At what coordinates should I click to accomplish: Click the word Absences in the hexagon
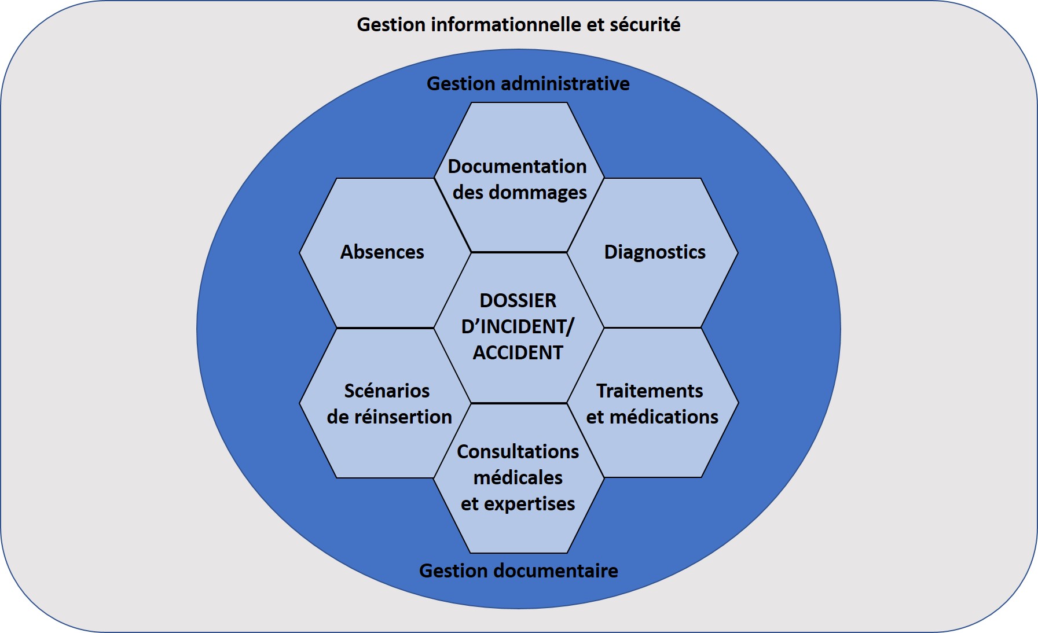[x=382, y=252]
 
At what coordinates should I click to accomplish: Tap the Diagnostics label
[x=655, y=252]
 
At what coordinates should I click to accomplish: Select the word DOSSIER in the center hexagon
[x=518, y=301]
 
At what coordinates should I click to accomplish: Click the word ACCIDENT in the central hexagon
[x=518, y=353]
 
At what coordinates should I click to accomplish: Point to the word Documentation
[x=517, y=167]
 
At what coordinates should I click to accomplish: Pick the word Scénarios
[x=387, y=391]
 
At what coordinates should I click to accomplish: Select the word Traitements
[x=650, y=391]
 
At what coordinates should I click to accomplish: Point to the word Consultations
[x=518, y=452]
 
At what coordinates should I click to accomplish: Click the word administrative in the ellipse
[x=565, y=84]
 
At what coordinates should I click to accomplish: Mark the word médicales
[x=518, y=478]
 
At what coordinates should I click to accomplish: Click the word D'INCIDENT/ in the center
[x=518, y=327]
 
